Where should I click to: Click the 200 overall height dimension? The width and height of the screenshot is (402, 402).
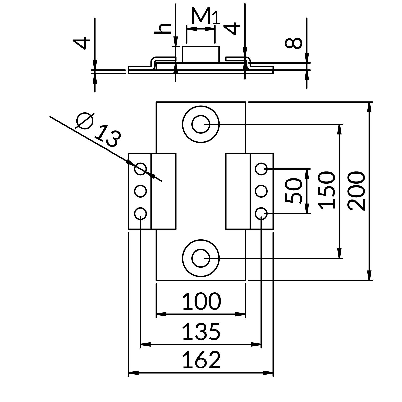[356, 191]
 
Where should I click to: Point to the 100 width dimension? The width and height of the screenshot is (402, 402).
[201, 301]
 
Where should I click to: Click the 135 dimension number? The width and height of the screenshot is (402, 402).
[201, 332]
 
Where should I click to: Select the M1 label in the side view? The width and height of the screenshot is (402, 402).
[205, 16]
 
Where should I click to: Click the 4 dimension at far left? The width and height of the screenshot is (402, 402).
[82, 43]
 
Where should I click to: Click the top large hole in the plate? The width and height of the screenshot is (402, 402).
[201, 124]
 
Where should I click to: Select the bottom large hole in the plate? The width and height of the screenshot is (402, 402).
[201, 258]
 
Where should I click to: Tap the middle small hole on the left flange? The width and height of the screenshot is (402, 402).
[140, 191]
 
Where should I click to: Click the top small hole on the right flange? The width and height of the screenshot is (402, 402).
[261, 169]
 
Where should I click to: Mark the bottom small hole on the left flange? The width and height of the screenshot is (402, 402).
[140, 213]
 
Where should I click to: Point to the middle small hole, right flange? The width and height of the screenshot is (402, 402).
[261, 191]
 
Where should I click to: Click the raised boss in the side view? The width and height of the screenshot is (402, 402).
[201, 54]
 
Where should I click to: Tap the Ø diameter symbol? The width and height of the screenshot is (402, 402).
[85, 120]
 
